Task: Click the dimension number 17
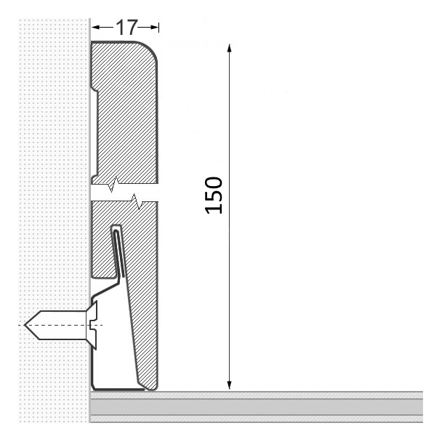126,27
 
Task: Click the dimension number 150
214,196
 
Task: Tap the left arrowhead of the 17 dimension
96,27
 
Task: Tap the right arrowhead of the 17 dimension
154,27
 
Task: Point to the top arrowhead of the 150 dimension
229,48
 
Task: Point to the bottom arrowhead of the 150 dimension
229,384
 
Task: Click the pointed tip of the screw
25,325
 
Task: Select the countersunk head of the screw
92,325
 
